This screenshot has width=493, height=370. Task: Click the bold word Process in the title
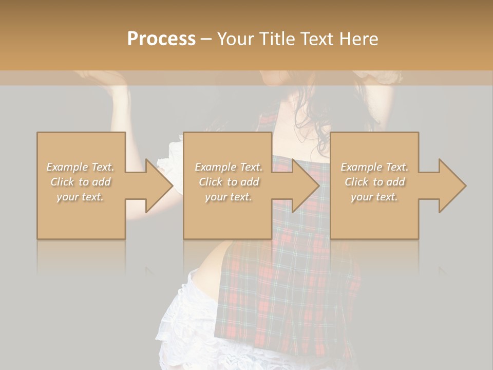pos(161,39)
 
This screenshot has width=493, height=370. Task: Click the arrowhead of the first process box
pos(159,186)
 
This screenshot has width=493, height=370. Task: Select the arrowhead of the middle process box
pos(306,186)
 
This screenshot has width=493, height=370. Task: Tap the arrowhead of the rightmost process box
pos(452,186)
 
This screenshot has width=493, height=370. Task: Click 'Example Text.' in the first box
pos(80,167)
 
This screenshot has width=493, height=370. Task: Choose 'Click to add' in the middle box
pos(229,182)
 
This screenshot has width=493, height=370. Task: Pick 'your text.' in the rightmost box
pos(374,197)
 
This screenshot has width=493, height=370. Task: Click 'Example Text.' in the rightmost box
pos(374,167)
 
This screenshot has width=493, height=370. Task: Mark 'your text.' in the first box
pos(80,197)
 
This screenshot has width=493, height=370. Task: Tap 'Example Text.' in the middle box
pos(229,167)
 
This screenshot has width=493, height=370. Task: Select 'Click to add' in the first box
pos(80,182)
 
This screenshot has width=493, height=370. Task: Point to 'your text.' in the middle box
pos(229,197)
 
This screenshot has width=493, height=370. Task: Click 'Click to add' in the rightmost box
pos(374,182)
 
